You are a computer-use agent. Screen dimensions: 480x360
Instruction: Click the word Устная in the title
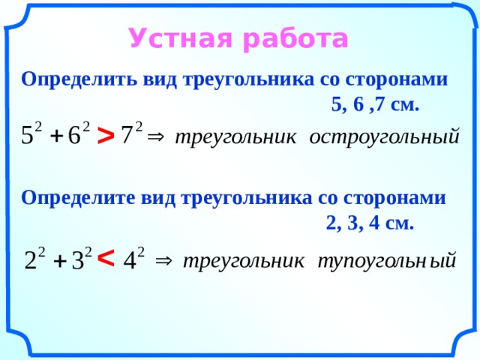tap(180, 38)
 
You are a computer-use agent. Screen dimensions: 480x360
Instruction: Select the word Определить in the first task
tap(79, 80)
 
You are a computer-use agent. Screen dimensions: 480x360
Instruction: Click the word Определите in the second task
tap(78, 198)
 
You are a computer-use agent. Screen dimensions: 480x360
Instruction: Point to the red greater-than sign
tap(106, 136)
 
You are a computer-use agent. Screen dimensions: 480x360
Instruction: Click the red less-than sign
tap(106, 258)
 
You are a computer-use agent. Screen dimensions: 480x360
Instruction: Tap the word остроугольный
tap(384, 136)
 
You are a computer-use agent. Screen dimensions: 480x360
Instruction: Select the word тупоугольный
tap(387, 261)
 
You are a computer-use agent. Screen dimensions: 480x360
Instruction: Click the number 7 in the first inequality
tap(127, 135)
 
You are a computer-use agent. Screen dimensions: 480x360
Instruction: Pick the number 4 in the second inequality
tap(130, 261)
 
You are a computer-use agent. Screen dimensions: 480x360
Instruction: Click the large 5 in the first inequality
tap(27, 135)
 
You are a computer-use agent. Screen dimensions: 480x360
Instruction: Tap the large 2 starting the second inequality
tap(30, 260)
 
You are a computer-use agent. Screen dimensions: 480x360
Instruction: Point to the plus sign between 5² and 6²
tap(56, 136)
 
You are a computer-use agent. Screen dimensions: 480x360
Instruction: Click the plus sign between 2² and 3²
tap(60, 262)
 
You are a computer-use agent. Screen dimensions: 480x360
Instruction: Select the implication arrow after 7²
tap(156, 136)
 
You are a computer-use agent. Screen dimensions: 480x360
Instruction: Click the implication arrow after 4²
tap(163, 261)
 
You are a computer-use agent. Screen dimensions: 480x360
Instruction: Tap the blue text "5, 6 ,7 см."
tap(375, 105)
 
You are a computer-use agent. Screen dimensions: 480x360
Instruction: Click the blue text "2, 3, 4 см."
tap(370, 223)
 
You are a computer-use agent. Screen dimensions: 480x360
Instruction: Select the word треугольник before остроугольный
tap(235, 137)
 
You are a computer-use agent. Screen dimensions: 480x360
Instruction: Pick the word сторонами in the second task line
tap(394, 198)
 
